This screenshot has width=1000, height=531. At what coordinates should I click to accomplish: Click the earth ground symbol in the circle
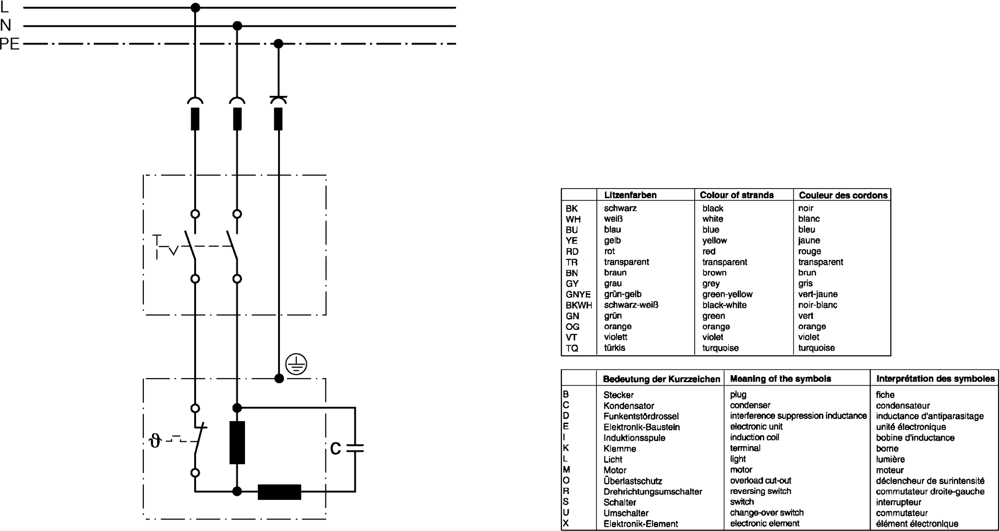[296, 365]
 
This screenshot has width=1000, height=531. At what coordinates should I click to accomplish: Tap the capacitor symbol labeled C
[355, 448]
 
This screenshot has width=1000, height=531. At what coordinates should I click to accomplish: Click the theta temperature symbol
[155, 440]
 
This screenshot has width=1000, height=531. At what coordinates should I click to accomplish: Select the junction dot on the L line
[195, 8]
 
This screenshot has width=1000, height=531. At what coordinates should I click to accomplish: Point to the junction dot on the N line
[237, 26]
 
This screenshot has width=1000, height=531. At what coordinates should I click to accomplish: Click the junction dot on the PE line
[279, 44]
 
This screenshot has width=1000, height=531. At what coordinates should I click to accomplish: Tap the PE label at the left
[10, 44]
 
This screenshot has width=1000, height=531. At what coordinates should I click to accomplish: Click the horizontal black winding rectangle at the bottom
[279, 492]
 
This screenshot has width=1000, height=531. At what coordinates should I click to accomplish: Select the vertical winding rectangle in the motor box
[237, 442]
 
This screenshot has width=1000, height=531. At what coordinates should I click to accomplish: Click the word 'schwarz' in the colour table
[620, 208]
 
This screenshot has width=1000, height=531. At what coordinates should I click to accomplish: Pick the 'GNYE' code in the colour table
[578, 295]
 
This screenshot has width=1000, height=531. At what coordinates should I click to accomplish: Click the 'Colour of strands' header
[736, 195]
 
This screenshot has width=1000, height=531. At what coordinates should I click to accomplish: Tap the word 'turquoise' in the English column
[720, 348]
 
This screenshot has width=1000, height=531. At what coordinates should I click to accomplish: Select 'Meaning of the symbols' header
[780, 379]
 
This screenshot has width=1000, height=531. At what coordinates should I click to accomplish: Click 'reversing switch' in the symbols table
[760, 491]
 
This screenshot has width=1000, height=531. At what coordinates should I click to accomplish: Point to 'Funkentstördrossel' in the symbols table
[640, 416]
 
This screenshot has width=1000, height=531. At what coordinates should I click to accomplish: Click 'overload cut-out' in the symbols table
[760, 481]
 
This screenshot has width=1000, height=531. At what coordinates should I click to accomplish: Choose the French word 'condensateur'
[903, 406]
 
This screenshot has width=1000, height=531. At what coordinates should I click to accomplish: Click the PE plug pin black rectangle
[278, 119]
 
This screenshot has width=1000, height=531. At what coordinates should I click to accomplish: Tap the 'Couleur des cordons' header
[843, 195]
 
